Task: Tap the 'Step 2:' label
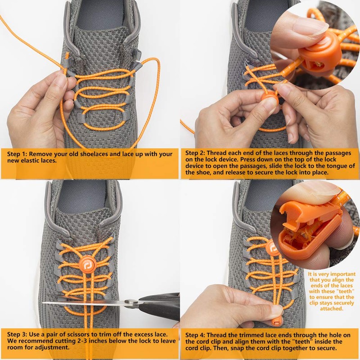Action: (196, 153)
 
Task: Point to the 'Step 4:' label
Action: (196, 335)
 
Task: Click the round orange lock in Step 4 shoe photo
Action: (272, 248)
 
